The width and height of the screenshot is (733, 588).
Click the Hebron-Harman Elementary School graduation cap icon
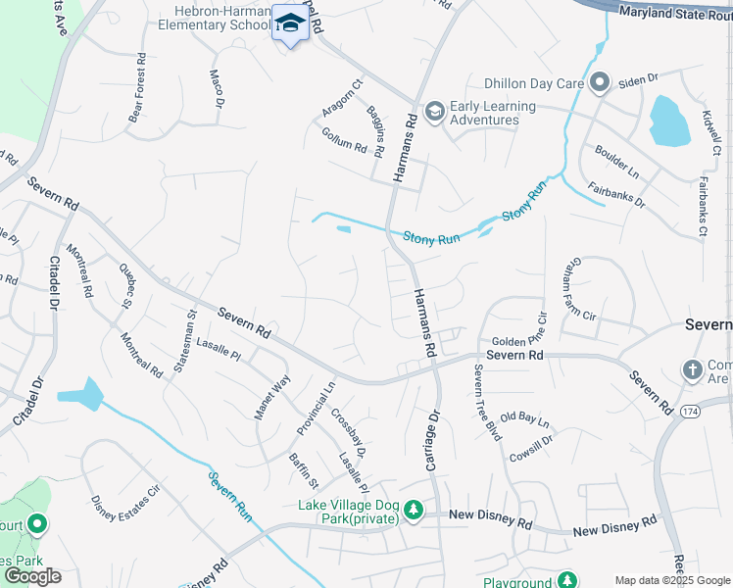tap(290, 23)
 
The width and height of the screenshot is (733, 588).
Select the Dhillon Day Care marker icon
tap(600, 82)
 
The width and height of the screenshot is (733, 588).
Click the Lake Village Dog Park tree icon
tap(415, 510)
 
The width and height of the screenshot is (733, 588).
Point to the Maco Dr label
tap(217, 88)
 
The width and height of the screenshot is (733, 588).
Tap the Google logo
tap(32, 575)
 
